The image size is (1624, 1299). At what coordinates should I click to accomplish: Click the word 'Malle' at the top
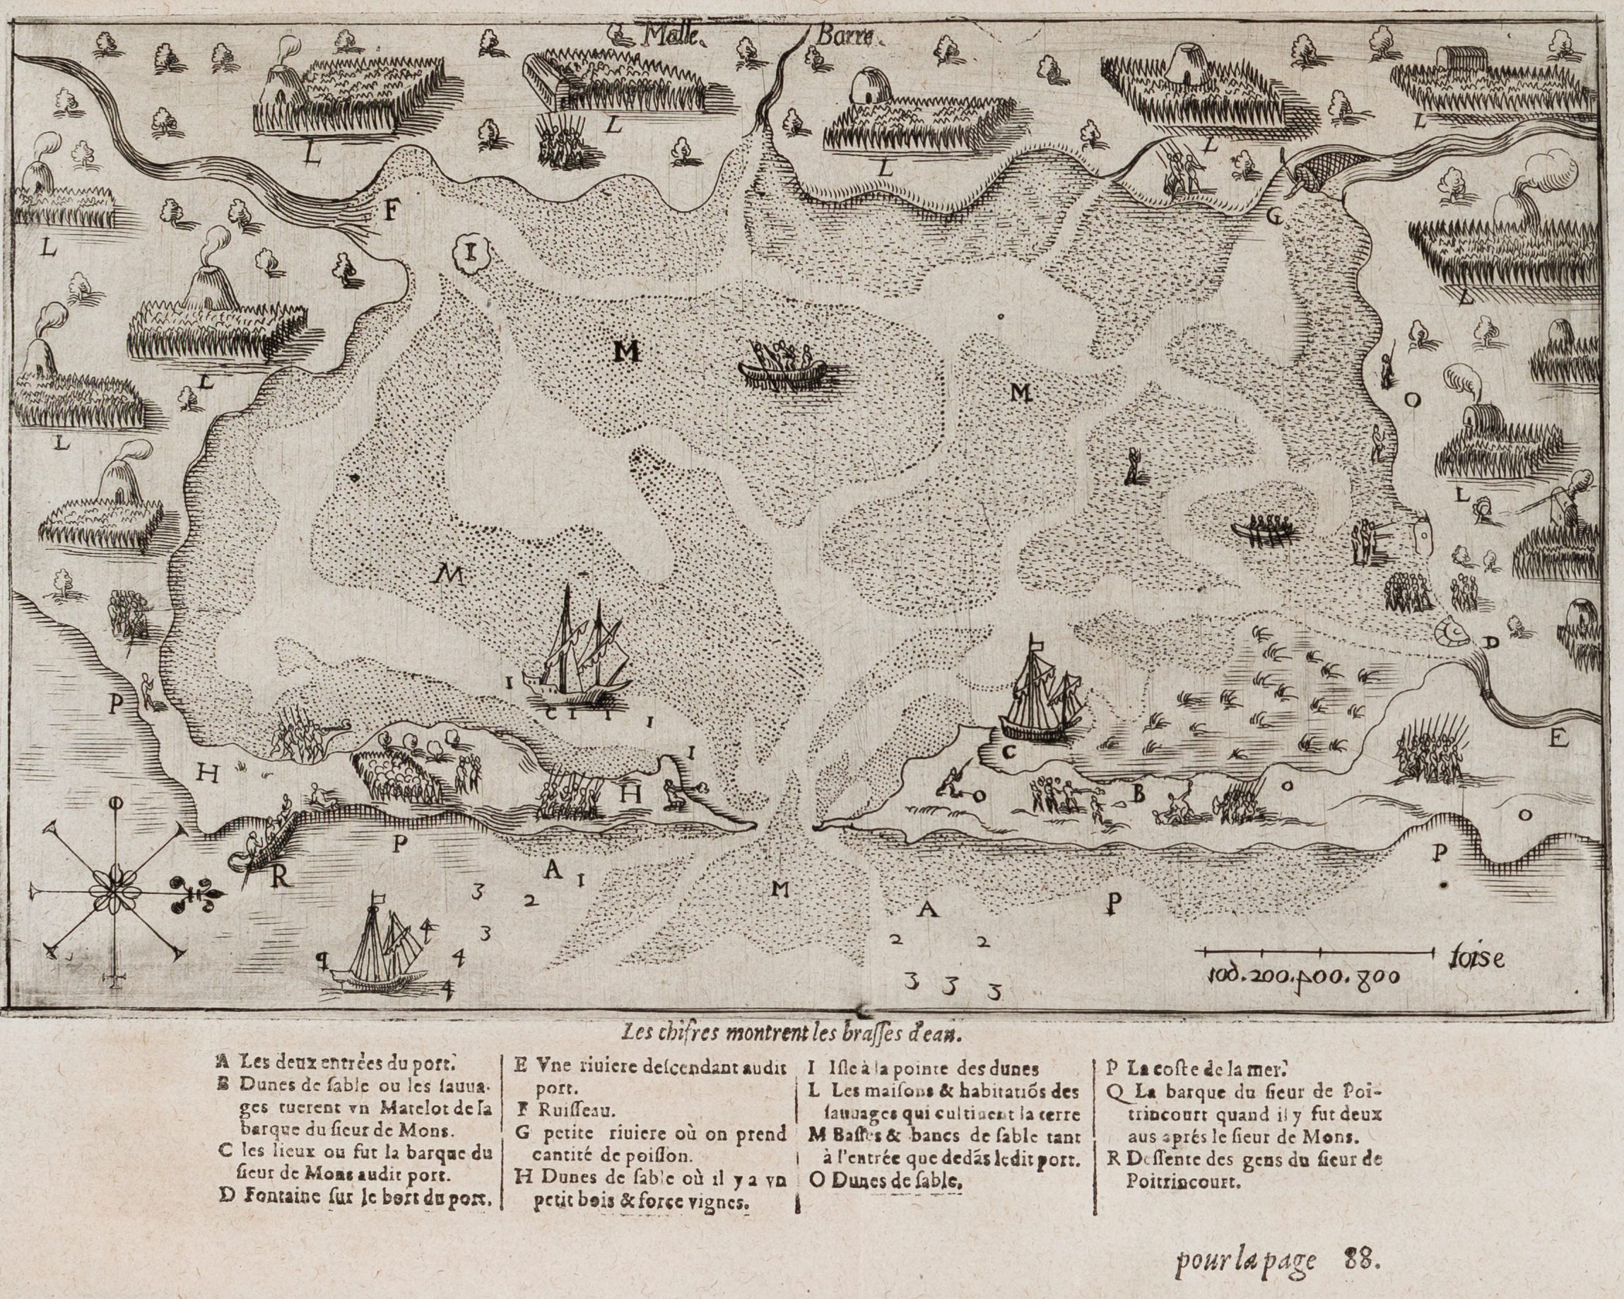pos(667,35)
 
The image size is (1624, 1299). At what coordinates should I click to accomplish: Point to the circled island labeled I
pos(471,252)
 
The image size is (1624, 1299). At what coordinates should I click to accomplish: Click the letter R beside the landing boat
pos(281,879)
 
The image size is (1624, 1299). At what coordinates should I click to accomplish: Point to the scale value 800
pos(1377,977)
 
